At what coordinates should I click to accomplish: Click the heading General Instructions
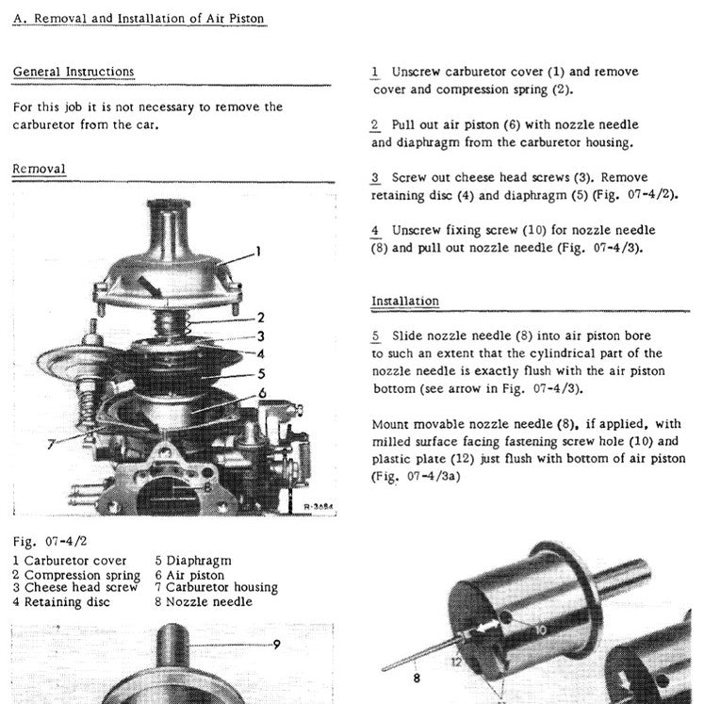click(x=74, y=72)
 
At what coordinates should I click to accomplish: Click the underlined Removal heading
click(x=39, y=169)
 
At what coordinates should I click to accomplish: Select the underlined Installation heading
click(x=404, y=301)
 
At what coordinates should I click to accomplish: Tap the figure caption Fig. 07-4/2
click(x=49, y=542)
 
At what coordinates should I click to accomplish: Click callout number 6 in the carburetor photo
click(x=262, y=392)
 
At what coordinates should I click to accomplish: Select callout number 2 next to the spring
click(x=260, y=317)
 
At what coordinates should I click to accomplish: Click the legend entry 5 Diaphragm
click(x=193, y=561)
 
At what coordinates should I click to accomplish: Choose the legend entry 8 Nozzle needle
click(x=203, y=601)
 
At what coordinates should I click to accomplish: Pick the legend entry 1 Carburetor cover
click(x=70, y=561)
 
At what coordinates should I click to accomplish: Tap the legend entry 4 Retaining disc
click(x=61, y=601)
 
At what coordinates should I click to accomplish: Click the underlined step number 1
click(x=375, y=72)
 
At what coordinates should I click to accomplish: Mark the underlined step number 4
click(x=375, y=230)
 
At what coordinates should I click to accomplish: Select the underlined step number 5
click(x=375, y=336)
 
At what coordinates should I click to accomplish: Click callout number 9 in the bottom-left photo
click(x=276, y=645)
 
